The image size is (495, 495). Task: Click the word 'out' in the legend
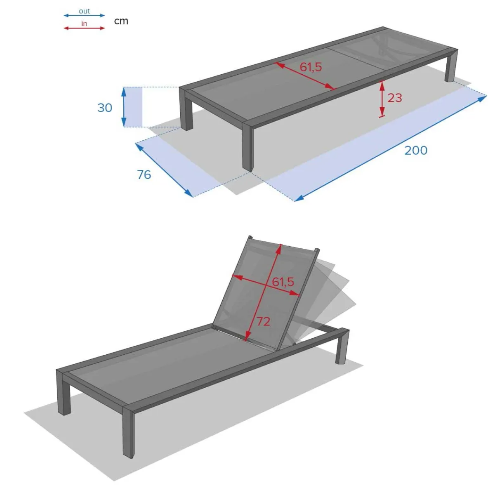[x=84, y=11]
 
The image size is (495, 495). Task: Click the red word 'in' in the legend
[x=84, y=24]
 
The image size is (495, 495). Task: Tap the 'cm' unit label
[x=121, y=21]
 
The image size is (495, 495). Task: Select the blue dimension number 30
[x=105, y=108]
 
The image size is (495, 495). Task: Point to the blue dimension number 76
[x=144, y=174]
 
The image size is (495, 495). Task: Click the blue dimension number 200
[x=416, y=151]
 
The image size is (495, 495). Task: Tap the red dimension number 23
[x=395, y=98]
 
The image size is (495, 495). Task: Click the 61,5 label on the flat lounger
[x=311, y=67]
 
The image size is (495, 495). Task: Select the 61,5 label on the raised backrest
[x=283, y=282]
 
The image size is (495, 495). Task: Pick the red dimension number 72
[x=263, y=321]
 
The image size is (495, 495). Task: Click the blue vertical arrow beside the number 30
[x=124, y=107]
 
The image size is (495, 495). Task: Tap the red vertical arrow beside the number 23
[x=382, y=99]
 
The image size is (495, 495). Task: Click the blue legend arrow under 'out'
[x=84, y=15]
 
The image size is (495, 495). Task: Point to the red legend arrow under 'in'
[x=84, y=28]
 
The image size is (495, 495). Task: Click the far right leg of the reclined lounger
[x=342, y=346]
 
